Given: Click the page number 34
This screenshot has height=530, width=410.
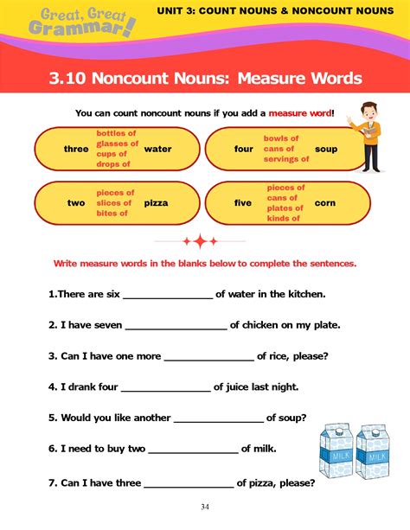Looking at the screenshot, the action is pyautogui.click(x=205, y=507).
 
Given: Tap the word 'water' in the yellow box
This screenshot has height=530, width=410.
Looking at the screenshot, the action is pyautogui.click(x=157, y=149).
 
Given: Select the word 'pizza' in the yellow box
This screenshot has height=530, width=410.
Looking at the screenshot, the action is pyautogui.click(x=156, y=203).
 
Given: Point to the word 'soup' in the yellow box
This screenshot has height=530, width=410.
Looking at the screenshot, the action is pyautogui.click(x=326, y=149).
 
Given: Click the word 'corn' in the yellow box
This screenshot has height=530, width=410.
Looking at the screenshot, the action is pyautogui.click(x=326, y=203).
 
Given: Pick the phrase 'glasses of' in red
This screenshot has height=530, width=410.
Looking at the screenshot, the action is pyautogui.click(x=116, y=144).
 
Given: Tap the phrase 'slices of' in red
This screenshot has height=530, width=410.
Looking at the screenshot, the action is pyautogui.click(x=114, y=203).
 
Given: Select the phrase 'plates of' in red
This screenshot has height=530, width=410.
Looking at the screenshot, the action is pyautogui.click(x=285, y=208).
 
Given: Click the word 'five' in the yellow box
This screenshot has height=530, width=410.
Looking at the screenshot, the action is pyautogui.click(x=243, y=203).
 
